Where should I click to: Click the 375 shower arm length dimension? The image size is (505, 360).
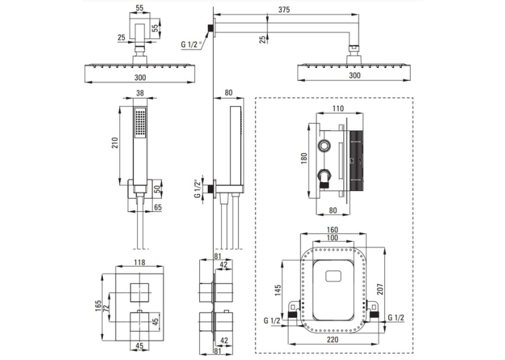click(x=284, y=10)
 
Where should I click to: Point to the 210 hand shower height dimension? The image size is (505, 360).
click(x=115, y=143)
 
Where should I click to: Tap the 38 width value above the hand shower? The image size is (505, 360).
click(x=140, y=93)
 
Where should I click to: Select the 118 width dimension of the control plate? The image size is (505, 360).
click(x=139, y=262)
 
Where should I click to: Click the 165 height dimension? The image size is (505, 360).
click(x=98, y=306)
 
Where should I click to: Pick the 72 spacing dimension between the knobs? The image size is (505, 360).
click(x=106, y=306)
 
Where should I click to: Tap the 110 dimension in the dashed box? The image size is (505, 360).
click(x=338, y=108)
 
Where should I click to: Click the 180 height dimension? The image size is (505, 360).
click(x=304, y=159)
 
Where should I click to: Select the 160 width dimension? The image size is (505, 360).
click(x=332, y=230)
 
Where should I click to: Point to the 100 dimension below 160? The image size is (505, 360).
click(x=332, y=238)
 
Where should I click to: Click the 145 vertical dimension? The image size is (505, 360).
click(x=278, y=290)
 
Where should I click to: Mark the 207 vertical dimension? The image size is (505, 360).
click(x=380, y=289)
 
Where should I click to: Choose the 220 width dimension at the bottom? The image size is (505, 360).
click(x=332, y=340)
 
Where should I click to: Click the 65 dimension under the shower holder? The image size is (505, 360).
click(x=158, y=207)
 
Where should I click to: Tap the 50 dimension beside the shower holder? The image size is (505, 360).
click(x=157, y=189)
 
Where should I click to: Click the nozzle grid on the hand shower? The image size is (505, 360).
click(x=140, y=123)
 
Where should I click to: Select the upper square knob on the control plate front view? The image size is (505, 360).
click(x=140, y=293)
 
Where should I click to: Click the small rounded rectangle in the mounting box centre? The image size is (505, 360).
click(x=333, y=277)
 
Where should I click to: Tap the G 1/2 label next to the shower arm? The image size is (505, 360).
click(x=191, y=44)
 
